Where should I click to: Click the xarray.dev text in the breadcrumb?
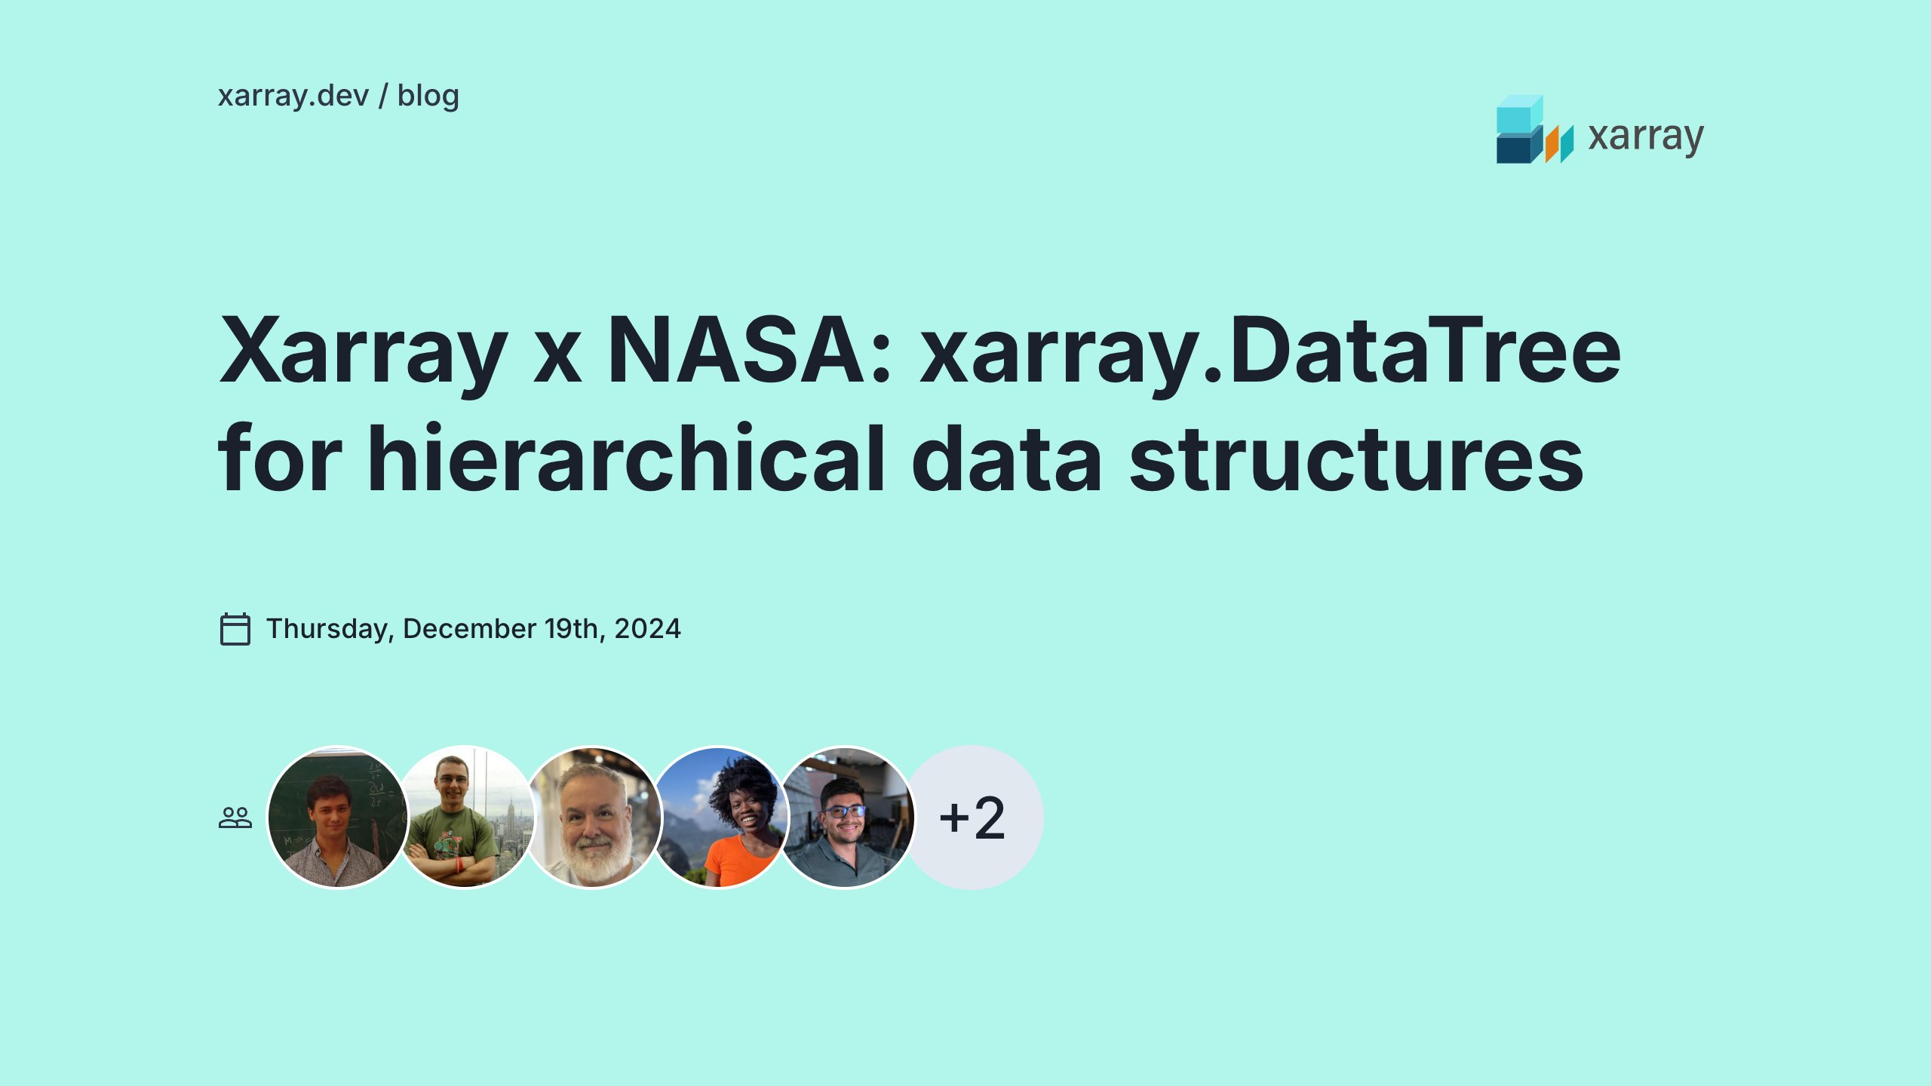pos(293,97)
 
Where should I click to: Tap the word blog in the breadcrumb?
pos(428,97)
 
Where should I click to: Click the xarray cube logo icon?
pos(1533,130)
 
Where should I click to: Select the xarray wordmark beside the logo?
pos(1645,137)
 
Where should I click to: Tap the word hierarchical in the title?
pos(626,459)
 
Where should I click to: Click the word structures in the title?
pos(1355,459)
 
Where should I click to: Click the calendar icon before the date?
pos(235,629)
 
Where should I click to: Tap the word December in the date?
pos(469,629)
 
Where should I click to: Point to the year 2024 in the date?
pos(647,629)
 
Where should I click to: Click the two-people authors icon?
pos(235,818)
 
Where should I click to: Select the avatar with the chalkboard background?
pos(337,818)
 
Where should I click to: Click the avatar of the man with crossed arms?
pos(465,818)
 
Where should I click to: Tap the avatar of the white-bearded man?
pos(593,818)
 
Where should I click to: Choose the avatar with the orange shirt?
pos(721,818)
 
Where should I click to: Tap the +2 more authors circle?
pos(972,818)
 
